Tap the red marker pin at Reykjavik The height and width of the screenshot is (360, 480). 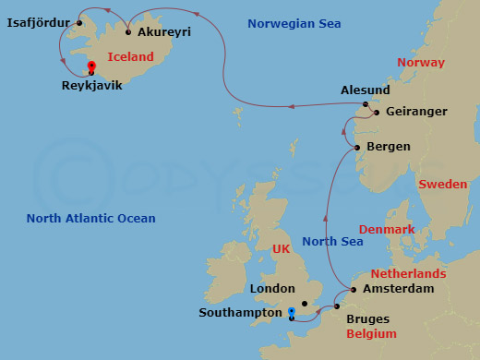point(90,66)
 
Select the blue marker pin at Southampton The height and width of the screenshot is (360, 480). point(291,312)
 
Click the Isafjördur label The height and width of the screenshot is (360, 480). point(38,22)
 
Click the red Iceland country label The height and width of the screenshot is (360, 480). point(130,56)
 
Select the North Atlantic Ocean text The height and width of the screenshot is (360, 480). point(90,219)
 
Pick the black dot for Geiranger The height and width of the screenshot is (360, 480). point(376,112)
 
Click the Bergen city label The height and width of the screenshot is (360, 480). point(389,147)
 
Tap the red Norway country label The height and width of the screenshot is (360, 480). point(420,62)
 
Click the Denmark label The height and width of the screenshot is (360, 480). point(386,229)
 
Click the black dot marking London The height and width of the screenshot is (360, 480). point(304,303)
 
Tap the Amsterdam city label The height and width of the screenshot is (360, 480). point(399,289)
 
